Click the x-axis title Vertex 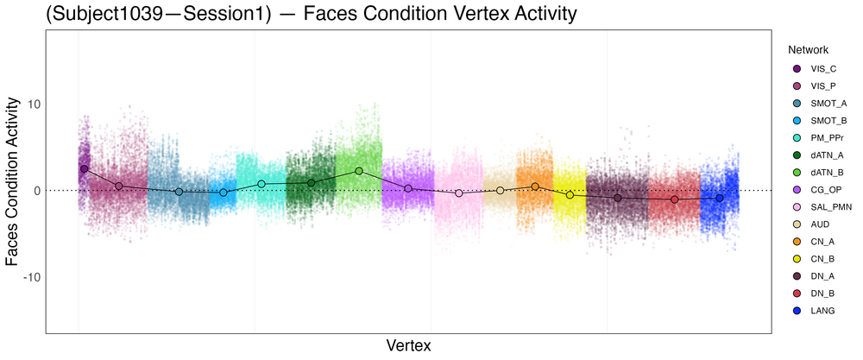[x=408, y=345]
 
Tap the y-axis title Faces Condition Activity [x=12, y=180]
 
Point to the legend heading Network [x=802, y=50]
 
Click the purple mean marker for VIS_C [x=84, y=169]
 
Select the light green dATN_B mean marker [x=359, y=171]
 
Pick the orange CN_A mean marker [x=535, y=186]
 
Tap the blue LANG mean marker [x=720, y=199]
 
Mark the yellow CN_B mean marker [x=570, y=195]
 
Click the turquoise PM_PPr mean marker [x=261, y=184]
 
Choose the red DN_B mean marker [x=675, y=199]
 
